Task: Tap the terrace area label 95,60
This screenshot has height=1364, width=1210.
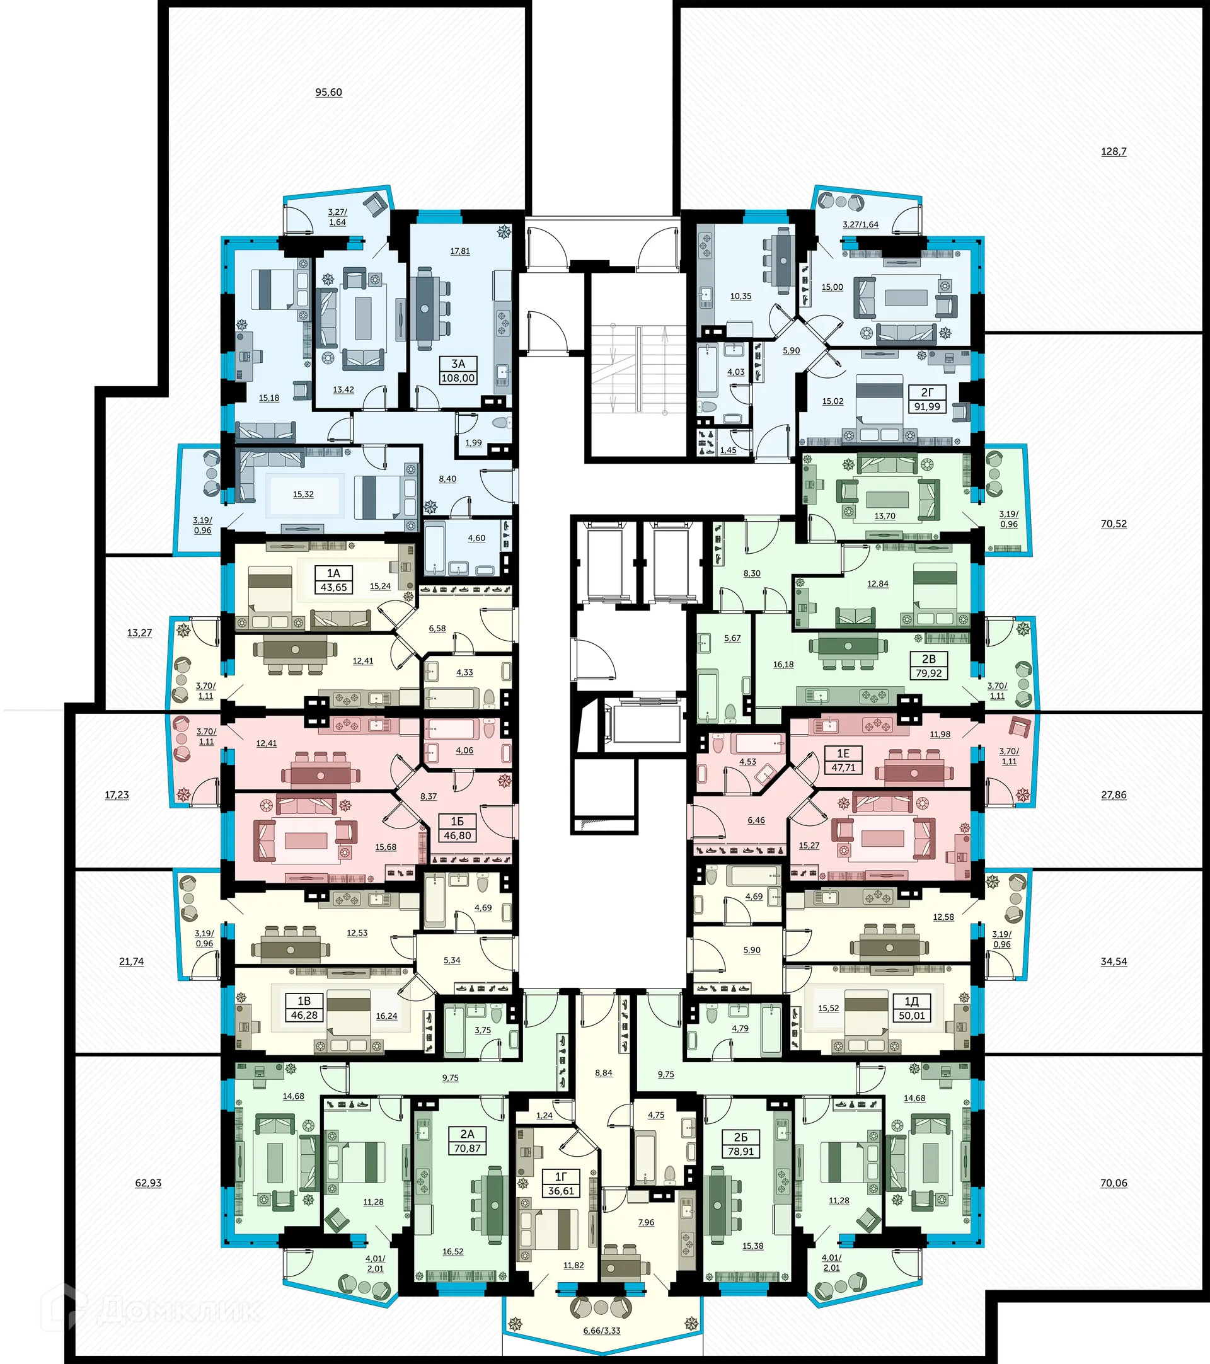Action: [x=328, y=93]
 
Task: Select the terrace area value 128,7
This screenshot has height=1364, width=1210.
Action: [x=1113, y=151]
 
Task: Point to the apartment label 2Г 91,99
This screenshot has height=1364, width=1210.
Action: [x=927, y=399]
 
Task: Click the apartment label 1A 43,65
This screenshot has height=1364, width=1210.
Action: [x=334, y=580]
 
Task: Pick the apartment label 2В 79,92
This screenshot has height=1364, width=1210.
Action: [x=928, y=666]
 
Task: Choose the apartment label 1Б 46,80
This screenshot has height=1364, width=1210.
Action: [x=457, y=828]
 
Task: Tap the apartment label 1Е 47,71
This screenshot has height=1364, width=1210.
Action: [x=843, y=760]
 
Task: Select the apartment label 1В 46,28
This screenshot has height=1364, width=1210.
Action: [x=304, y=1007]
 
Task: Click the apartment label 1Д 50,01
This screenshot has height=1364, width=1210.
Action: [x=911, y=1008]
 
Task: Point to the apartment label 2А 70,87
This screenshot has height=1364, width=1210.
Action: [x=467, y=1141]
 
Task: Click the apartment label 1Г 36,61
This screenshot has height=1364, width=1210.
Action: [x=561, y=1184]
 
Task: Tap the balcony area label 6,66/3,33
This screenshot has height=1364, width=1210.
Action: [x=601, y=1331]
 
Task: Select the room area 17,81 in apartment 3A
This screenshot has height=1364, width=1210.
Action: [x=460, y=251]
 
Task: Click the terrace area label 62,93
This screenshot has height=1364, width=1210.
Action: [x=148, y=1183]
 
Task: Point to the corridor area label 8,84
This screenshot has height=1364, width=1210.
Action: [x=603, y=1073]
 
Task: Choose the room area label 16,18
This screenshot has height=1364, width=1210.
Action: [x=783, y=665]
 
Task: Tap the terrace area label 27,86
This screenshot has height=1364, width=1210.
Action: [x=1113, y=795]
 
